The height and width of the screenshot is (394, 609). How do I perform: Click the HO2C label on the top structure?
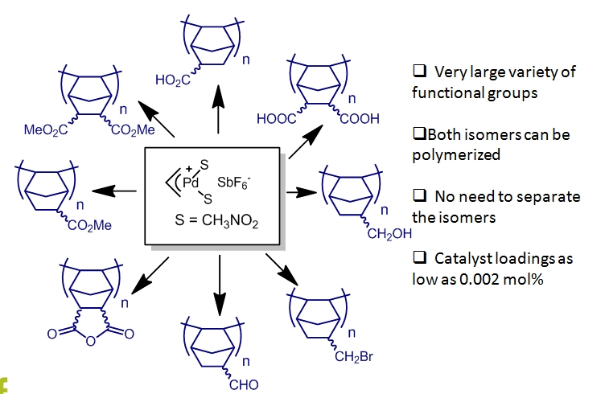click(173, 79)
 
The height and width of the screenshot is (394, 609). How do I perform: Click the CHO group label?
click(242, 384)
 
